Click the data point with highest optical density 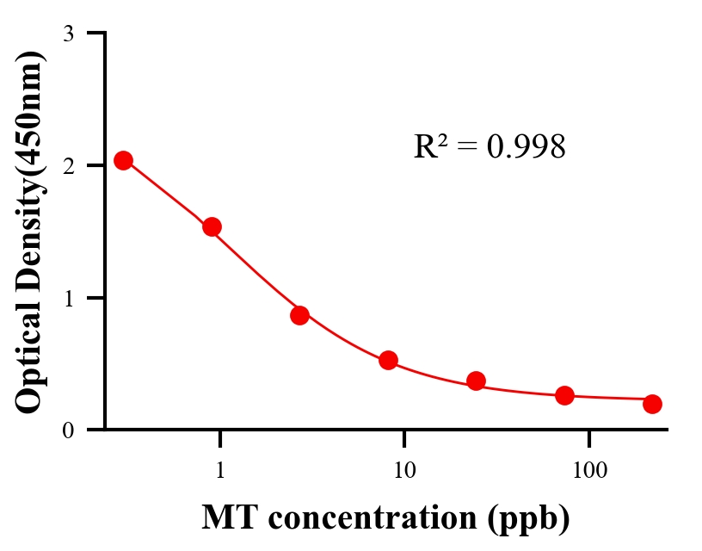[x=123, y=160]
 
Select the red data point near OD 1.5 [x=212, y=226]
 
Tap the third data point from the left [x=299, y=315]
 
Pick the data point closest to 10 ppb [x=388, y=360]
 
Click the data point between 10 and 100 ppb [x=476, y=381]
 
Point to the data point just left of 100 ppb [x=564, y=395]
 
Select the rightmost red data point [x=652, y=404]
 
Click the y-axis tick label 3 [x=68, y=34]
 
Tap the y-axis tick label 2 [x=68, y=165]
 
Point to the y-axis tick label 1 [x=68, y=298]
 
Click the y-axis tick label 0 [x=68, y=430]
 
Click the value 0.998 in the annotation [x=526, y=147]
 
